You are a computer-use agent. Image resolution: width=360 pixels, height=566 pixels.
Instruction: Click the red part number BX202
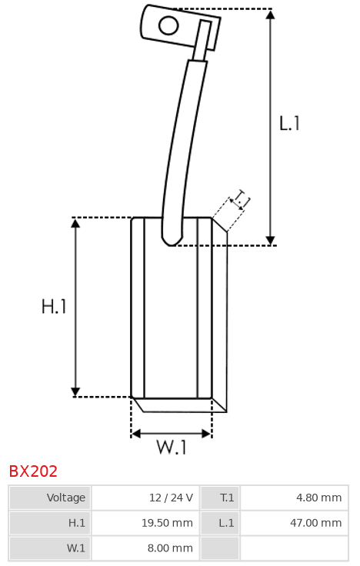click(x=33, y=471)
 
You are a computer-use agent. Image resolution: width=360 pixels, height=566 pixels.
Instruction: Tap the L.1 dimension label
click(x=289, y=123)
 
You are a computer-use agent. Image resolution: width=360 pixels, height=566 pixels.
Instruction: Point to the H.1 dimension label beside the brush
click(x=54, y=307)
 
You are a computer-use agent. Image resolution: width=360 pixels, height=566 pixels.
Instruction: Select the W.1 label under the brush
click(x=172, y=447)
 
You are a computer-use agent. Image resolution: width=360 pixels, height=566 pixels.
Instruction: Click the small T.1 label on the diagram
click(x=241, y=199)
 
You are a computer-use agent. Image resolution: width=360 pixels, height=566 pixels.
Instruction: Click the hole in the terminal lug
click(x=168, y=25)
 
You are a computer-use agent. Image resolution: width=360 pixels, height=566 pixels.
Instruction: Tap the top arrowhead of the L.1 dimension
click(x=270, y=14)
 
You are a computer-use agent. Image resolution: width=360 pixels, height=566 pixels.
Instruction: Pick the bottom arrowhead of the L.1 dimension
click(x=270, y=241)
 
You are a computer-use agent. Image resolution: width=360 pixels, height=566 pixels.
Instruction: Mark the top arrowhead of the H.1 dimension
click(x=75, y=223)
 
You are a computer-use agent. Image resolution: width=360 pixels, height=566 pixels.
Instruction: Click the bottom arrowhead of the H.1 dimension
click(x=75, y=391)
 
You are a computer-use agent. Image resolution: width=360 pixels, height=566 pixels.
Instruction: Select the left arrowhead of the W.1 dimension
click(x=135, y=434)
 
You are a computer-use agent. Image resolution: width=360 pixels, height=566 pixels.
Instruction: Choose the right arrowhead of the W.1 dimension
click(x=207, y=434)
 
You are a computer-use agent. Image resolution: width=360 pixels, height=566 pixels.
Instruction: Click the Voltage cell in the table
click(x=66, y=498)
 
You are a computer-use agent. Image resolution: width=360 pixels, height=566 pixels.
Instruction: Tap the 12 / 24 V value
click(x=171, y=498)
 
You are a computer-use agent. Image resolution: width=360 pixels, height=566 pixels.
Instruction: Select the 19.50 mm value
click(x=167, y=523)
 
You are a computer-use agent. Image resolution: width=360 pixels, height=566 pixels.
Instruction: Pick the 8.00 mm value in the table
click(x=170, y=548)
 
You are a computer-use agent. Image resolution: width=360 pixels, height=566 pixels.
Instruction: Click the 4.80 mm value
click(x=318, y=498)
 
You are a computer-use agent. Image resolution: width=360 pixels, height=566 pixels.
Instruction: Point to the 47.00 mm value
click(x=316, y=523)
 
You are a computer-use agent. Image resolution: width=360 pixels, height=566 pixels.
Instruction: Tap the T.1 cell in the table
click(x=227, y=498)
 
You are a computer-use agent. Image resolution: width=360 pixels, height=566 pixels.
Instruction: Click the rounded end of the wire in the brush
click(x=172, y=241)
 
